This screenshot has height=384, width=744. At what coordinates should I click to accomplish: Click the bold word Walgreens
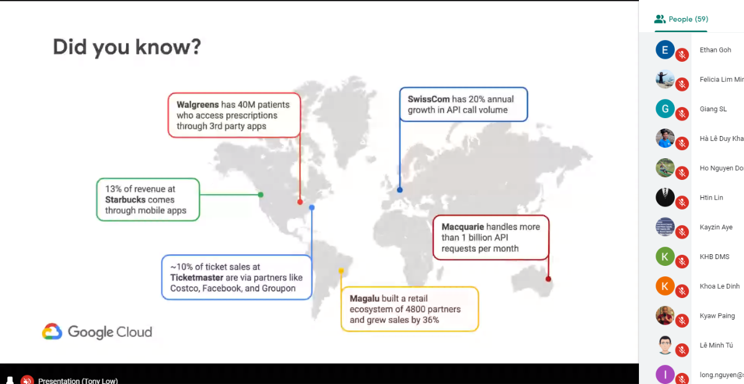coord(198,105)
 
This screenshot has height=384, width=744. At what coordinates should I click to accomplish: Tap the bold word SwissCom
coord(429,99)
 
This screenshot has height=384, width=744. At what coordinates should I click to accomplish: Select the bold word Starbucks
coord(125,200)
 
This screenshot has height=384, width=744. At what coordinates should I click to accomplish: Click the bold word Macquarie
coord(463,227)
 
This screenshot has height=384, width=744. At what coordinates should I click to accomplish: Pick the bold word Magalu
coord(365,299)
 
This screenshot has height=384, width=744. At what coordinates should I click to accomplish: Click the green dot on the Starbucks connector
coord(261,195)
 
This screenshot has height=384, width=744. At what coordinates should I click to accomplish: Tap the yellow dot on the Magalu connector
coord(341,271)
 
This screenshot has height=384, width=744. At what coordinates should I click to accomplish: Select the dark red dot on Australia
coord(548,279)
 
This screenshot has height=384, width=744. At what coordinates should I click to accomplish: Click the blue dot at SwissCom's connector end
coord(400,190)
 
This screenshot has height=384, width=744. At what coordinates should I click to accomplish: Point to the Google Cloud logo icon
coord(52,331)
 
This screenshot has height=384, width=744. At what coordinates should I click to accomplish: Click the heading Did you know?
coord(127,46)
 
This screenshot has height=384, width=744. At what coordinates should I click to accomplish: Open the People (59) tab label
coord(688,19)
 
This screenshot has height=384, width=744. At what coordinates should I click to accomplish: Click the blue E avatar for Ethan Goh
coord(665,50)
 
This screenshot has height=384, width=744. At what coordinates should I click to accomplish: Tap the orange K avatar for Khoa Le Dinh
coord(665,286)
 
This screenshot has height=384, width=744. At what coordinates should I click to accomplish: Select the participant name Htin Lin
coord(711,197)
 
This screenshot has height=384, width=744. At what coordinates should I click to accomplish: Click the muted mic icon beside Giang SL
coord(682,114)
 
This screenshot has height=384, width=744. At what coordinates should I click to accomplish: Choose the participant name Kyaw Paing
coord(717,316)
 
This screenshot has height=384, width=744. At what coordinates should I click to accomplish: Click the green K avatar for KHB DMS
coord(665,257)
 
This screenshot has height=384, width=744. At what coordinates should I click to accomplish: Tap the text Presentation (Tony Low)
coord(78,381)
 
